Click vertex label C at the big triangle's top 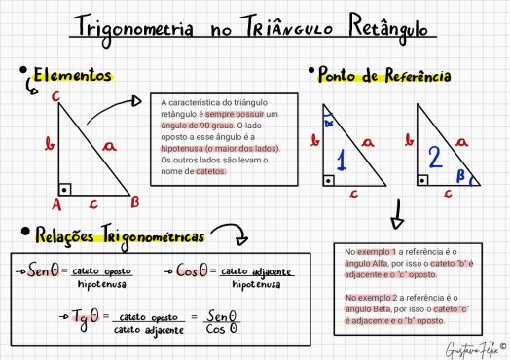point(57,95)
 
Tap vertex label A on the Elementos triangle point(56,205)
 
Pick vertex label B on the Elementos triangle point(135,202)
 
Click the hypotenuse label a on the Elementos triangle point(109,145)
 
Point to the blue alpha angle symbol point(329,124)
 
